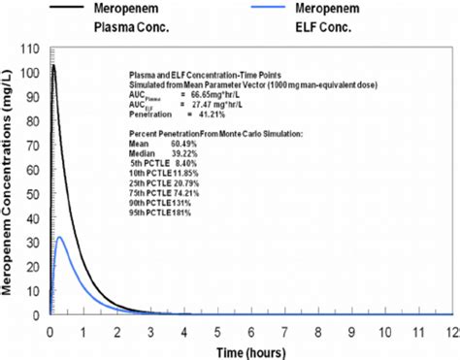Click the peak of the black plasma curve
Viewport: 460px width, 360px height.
click(x=54, y=65)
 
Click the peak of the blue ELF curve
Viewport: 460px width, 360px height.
click(x=60, y=237)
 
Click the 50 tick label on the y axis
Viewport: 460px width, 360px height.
click(x=35, y=194)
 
